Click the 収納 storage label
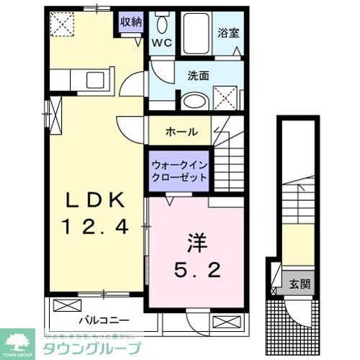(x=130, y=21)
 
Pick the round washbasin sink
(x=192, y=102)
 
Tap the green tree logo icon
(x=19, y=341)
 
